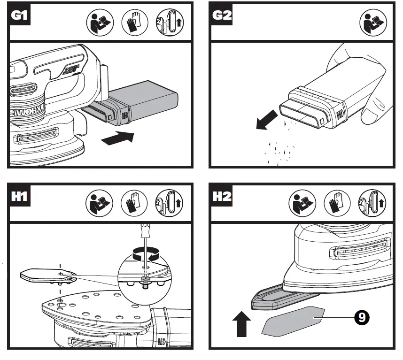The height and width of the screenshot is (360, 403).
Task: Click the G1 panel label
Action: point(19,15)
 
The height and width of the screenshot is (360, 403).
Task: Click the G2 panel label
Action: point(222,15)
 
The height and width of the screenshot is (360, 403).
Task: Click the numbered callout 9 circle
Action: point(360,318)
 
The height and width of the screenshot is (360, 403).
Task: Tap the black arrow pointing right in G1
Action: point(117,138)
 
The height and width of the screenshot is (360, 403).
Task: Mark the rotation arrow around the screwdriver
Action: point(145,255)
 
